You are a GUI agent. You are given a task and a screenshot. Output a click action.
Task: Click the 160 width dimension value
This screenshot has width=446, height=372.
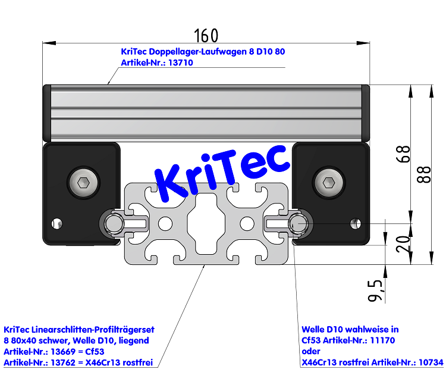(206, 35)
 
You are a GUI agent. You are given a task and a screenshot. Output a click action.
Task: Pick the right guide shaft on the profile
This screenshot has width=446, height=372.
(297, 223)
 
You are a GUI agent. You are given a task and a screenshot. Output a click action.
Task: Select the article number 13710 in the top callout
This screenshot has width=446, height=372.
(181, 62)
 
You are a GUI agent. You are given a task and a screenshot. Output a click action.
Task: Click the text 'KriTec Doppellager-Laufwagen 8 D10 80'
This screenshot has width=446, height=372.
(203, 52)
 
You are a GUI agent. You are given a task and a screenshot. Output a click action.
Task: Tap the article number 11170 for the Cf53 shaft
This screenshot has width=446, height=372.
(381, 340)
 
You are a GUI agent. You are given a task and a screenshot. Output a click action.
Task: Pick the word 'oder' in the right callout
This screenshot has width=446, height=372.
(311, 351)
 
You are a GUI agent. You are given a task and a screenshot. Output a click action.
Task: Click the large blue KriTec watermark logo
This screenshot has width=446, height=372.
(221, 173)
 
